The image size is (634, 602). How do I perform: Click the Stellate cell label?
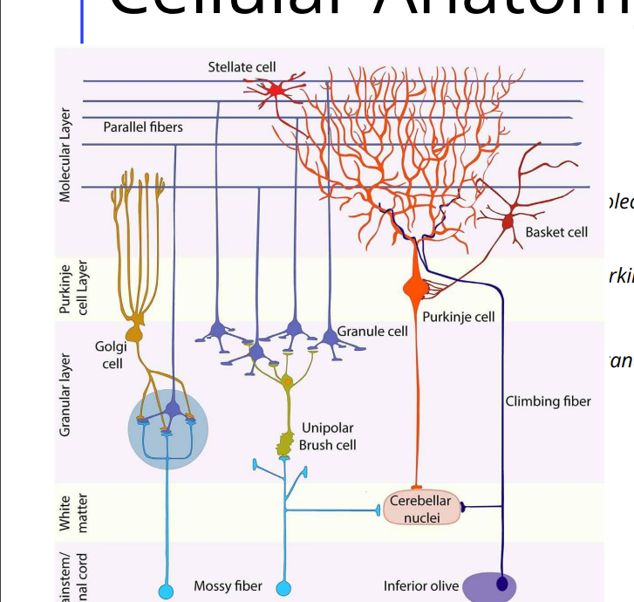[x=242, y=67]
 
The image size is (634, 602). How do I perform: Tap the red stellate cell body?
[x=276, y=89]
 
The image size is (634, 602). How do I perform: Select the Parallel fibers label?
[x=143, y=127]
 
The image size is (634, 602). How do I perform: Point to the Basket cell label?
[x=556, y=232]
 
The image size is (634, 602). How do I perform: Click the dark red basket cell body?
[x=508, y=222]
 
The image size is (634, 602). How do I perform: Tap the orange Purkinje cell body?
[x=414, y=286]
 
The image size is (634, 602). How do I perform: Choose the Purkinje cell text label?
[x=459, y=317]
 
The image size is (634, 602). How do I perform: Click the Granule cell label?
[x=372, y=332]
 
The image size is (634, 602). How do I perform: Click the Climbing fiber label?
[x=548, y=401]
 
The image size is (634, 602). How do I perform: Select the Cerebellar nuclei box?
[x=420, y=509]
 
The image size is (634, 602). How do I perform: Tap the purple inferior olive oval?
[x=489, y=586]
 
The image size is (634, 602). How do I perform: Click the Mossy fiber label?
[x=228, y=586]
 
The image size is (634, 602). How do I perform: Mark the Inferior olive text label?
[x=421, y=586]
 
